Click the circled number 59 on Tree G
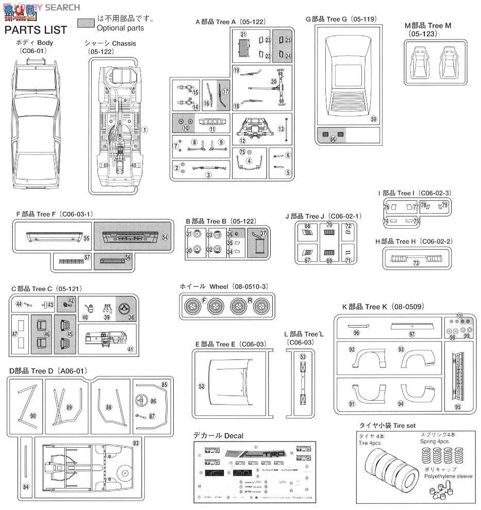pos(373,119)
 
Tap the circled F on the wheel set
pos(204,300)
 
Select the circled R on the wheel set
pos(250,300)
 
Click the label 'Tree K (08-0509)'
pos(383,307)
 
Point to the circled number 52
pos(202,386)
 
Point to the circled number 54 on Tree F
pos(165,237)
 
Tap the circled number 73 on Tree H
pos(416,263)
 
